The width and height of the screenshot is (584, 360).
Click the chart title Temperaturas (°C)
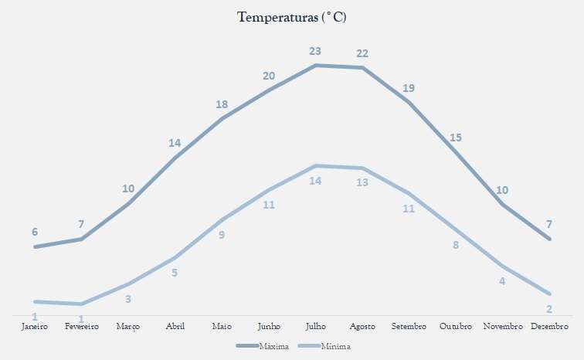pyautogui.click(x=292, y=17)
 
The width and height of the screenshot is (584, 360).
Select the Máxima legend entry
pyautogui.click(x=274, y=346)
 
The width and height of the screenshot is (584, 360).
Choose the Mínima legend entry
pyautogui.click(x=335, y=346)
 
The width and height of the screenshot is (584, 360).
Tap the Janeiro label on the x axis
pyautogui.click(x=35, y=327)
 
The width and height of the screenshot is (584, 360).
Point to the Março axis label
pyautogui.click(x=128, y=327)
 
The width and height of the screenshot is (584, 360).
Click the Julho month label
pyautogui.click(x=315, y=327)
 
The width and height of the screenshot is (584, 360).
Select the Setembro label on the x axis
pyautogui.click(x=409, y=327)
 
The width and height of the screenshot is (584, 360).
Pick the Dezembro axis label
pyautogui.click(x=549, y=327)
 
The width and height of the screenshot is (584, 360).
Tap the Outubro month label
pyautogui.click(x=456, y=327)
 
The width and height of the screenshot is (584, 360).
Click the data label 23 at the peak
pyautogui.click(x=315, y=51)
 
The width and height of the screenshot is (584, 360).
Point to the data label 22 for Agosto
pyautogui.click(x=362, y=53)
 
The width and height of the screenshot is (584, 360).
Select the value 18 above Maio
pyautogui.click(x=222, y=104)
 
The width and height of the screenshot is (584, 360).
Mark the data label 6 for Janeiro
pyautogui.click(x=35, y=232)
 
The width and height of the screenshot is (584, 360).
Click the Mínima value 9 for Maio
pyautogui.click(x=222, y=235)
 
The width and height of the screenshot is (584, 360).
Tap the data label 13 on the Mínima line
pyautogui.click(x=362, y=183)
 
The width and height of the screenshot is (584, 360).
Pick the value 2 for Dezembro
pyautogui.click(x=549, y=309)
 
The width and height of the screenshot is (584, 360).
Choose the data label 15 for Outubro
pyautogui.click(x=456, y=138)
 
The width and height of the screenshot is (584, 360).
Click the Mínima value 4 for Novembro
pyautogui.click(x=502, y=281)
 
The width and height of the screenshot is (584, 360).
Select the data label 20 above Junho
pyautogui.click(x=269, y=76)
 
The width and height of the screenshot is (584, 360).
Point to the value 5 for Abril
pyautogui.click(x=175, y=273)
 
